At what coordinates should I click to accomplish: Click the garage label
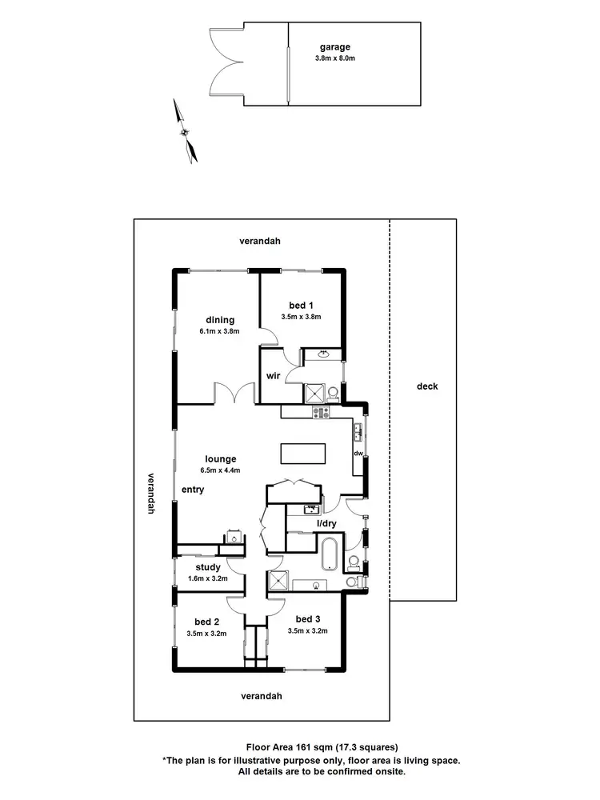(335, 47)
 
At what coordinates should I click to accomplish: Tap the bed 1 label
(300, 304)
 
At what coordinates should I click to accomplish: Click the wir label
(272, 376)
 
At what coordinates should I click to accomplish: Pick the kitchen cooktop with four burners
(321, 413)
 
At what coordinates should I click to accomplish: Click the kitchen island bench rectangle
(303, 454)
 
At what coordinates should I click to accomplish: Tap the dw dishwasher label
(358, 454)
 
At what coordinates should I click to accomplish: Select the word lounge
(220, 459)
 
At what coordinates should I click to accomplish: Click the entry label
(193, 490)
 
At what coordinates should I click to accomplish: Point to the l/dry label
(326, 523)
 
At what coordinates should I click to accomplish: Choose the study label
(208, 568)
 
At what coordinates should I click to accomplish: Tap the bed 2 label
(206, 622)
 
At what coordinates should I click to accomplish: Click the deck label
(427, 386)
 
